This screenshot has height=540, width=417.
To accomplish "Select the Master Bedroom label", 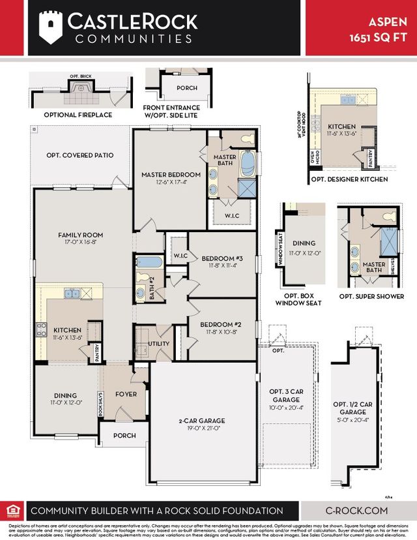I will (x=171, y=179).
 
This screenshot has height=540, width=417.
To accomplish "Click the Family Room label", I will (x=80, y=239).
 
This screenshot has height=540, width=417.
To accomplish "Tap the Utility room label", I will (x=158, y=344).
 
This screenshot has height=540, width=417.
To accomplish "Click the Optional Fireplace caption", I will (x=78, y=115).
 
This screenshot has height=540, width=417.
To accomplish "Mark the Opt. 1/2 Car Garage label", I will (x=353, y=408).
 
